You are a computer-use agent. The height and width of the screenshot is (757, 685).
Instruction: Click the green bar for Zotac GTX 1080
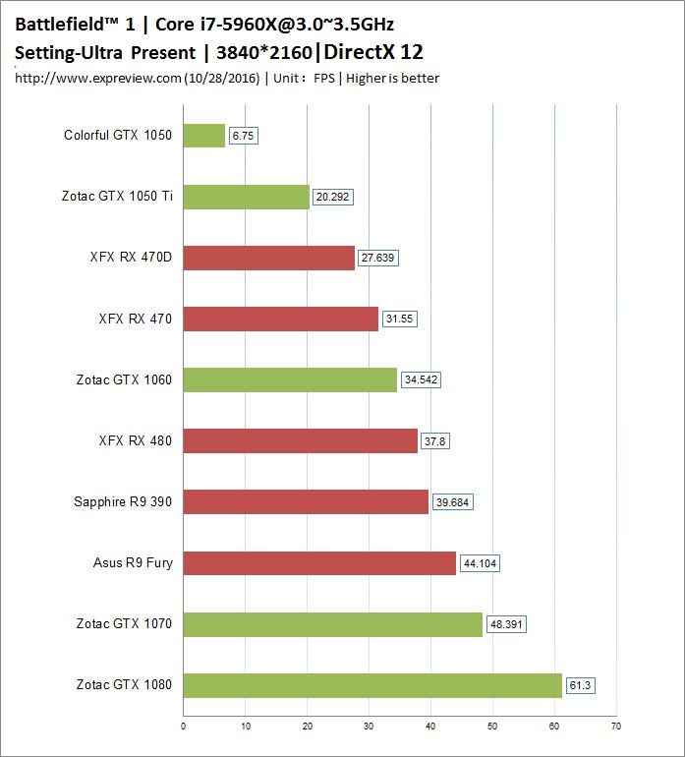click(x=372, y=685)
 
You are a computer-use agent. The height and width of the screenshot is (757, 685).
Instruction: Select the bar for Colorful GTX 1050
click(x=204, y=136)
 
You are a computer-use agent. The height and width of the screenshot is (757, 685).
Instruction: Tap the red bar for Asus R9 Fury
click(x=319, y=563)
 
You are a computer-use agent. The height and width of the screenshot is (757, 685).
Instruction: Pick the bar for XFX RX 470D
click(x=268, y=258)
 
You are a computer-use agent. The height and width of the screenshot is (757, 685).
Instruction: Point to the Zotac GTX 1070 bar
click(x=333, y=624)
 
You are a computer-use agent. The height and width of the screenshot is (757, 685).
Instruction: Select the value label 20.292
click(x=332, y=197)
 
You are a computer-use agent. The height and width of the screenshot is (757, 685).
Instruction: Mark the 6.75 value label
click(x=243, y=136)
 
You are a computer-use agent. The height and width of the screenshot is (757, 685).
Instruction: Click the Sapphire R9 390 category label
click(x=123, y=502)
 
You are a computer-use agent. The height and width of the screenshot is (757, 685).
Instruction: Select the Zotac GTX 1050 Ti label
click(x=117, y=197)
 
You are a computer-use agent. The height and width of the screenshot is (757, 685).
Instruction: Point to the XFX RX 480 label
click(x=136, y=440)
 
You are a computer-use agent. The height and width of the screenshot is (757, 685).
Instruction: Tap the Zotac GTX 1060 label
click(x=124, y=379)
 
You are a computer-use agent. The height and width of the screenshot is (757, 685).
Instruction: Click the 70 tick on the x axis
click(x=616, y=728)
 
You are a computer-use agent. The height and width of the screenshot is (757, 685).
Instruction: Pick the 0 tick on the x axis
click(x=184, y=728)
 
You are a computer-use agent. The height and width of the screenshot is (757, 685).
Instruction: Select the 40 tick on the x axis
click(x=430, y=728)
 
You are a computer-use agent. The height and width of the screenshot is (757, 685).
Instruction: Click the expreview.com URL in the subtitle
click(x=98, y=78)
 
